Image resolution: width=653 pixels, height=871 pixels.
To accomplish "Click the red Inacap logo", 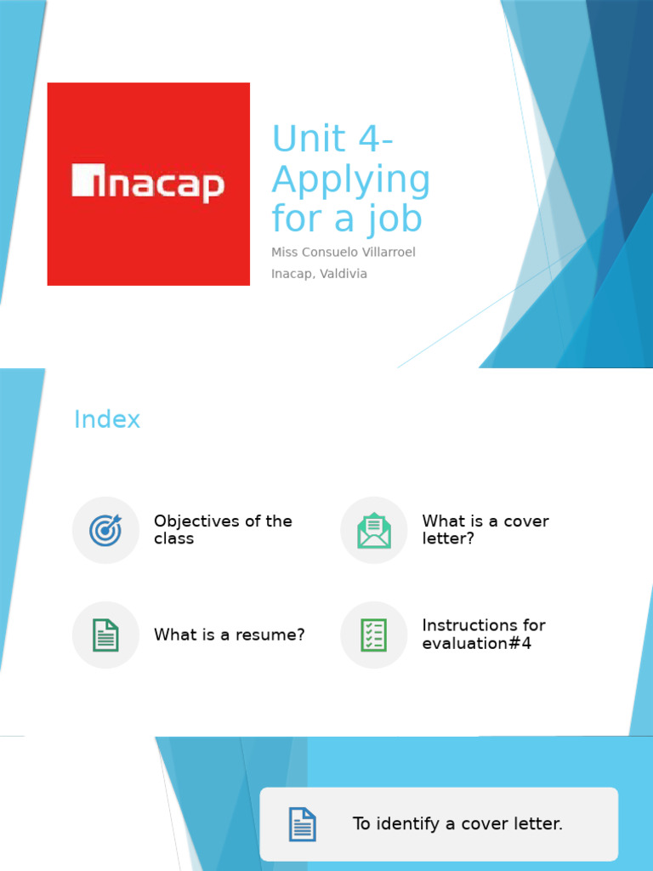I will [148, 184].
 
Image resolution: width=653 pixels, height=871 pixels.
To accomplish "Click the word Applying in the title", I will [350, 180].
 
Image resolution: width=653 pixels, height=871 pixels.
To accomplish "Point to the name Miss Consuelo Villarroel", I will [343, 253].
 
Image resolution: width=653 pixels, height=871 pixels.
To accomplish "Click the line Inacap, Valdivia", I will [319, 274].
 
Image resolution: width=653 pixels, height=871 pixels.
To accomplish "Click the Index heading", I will [107, 419].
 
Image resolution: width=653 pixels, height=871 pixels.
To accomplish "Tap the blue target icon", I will [105, 530].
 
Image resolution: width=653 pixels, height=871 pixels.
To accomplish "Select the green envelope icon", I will [374, 530].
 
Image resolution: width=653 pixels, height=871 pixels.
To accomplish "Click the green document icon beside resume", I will [105, 635].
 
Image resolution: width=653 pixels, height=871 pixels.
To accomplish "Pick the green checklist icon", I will [374, 635].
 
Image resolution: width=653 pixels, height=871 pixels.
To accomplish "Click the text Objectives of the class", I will [223, 529].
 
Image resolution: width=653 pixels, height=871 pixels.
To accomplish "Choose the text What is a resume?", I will [229, 635].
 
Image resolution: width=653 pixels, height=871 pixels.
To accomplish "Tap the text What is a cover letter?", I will [485, 529].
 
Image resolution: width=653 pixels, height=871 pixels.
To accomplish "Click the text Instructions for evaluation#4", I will [484, 635].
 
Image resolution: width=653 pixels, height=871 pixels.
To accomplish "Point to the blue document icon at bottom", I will [302, 824].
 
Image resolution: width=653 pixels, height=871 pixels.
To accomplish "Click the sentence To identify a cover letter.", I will [457, 824].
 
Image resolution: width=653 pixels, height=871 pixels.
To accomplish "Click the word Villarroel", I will [386, 253].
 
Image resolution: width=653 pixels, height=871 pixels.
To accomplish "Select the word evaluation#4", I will [476, 644].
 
